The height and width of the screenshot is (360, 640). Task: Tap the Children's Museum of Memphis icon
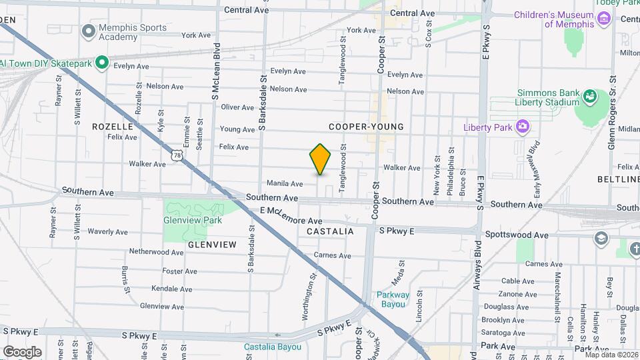point(604,18)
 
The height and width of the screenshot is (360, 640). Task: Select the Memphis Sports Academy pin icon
point(88,31)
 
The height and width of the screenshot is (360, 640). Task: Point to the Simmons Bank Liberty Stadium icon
point(590,97)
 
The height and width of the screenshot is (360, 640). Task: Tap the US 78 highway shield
point(176,155)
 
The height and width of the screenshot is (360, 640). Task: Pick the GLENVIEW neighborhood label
point(212,245)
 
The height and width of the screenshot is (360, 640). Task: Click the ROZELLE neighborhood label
point(113,126)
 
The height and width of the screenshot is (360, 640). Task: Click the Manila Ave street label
point(285,183)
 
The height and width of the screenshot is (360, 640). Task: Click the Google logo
point(22,351)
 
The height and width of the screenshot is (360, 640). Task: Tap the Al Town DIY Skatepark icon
point(101,63)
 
